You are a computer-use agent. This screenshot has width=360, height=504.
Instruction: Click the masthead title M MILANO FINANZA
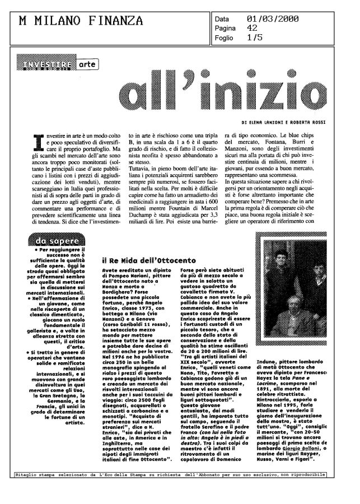click(x=81, y=21)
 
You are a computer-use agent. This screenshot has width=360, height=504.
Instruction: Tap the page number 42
click(x=253, y=27)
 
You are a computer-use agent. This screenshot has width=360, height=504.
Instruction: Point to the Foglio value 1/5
click(x=255, y=38)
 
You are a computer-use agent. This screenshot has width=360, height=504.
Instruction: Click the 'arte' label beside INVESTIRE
click(x=86, y=65)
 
